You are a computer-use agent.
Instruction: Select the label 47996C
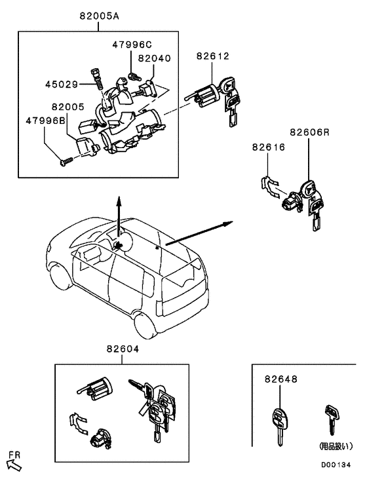click(x=131, y=45)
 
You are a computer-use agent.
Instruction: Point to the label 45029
click(x=62, y=84)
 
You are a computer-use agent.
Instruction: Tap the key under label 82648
click(x=280, y=425)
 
